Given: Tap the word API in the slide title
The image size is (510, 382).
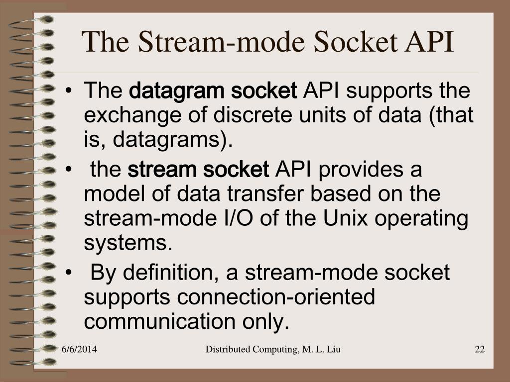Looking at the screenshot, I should point(430,42).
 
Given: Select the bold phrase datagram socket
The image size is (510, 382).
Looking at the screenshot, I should point(213,91).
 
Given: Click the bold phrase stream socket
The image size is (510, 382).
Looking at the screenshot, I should point(198,170).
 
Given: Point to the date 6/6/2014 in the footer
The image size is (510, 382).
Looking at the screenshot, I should point(79,350).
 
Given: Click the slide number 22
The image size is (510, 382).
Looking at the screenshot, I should point(480,350).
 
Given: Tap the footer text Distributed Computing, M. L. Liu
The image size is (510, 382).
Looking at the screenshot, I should point(273,350).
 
